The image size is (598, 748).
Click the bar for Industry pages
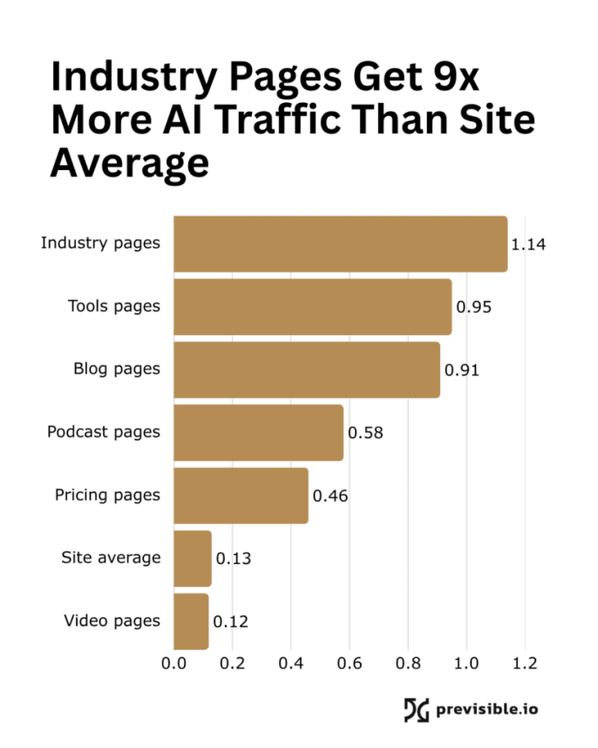pos(340,244)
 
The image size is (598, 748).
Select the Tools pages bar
pos(312,307)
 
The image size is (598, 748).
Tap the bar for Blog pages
pos(307,370)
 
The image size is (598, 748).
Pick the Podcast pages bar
pos(258,433)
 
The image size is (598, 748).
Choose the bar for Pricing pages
pos(241,496)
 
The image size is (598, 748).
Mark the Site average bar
pos(193,559)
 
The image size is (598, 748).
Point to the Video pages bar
pos(191,621)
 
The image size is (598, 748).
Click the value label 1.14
pos(528,244)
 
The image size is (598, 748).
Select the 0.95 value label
pos(474,307)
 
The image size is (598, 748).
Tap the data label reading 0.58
pos(365,433)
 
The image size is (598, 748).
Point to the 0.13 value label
pos(234,559)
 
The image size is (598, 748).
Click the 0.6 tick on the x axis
pos(350,663)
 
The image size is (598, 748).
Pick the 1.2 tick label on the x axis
pos(525,663)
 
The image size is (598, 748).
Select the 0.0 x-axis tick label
pos(174,663)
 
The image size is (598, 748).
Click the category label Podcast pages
pos(104,432)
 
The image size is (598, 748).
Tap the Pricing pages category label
pos(107,495)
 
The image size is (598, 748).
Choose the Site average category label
pos(111,558)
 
